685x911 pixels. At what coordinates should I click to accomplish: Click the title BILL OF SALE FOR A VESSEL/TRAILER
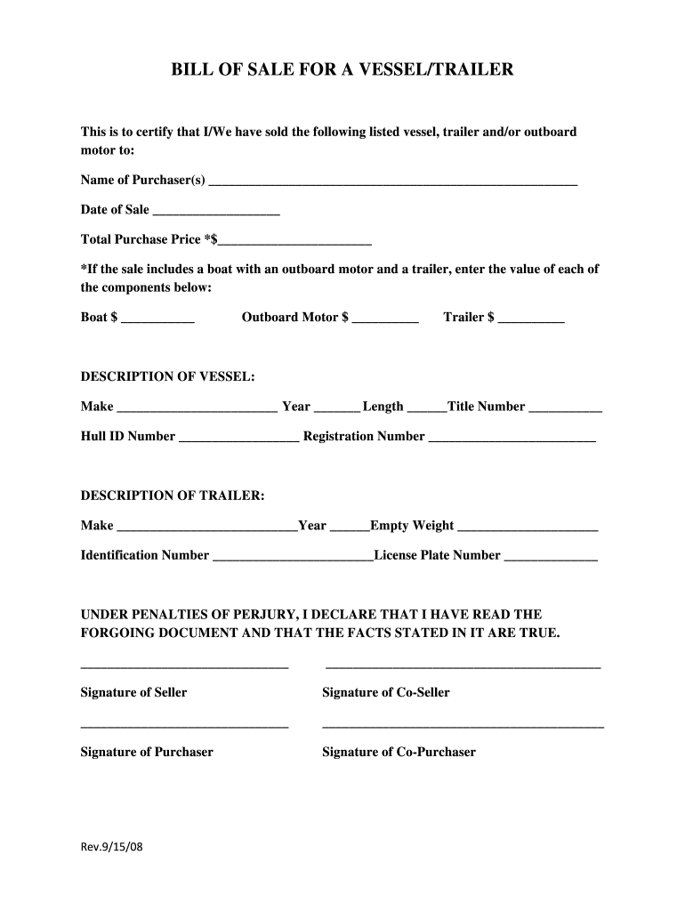(342, 69)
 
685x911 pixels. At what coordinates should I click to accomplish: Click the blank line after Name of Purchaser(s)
(392, 182)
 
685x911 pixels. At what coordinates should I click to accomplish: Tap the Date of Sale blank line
(216, 212)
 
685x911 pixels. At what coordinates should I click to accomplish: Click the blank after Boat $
(157, 319)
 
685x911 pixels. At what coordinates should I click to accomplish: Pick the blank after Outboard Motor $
(385, 319)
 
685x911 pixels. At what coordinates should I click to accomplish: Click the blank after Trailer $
(531, 319)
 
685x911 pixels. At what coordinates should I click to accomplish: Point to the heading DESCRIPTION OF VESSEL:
(168, 377)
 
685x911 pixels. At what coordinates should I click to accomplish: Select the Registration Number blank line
(512, 439)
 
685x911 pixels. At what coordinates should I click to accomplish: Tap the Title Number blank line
(566, 409)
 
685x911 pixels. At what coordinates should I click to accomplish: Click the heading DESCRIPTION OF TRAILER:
(173, 496)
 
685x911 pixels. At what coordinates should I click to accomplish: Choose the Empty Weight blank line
(528, 528)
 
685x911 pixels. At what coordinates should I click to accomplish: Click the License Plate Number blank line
(551, 558)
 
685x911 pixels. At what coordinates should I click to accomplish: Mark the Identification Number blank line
(294, 558)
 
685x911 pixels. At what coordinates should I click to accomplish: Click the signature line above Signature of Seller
(185, 667)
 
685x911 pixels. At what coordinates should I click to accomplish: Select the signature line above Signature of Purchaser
(185, 728)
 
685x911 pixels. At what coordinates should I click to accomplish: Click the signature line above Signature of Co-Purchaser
(463, 728)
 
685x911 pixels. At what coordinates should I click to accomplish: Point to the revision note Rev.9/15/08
(112, 847)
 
